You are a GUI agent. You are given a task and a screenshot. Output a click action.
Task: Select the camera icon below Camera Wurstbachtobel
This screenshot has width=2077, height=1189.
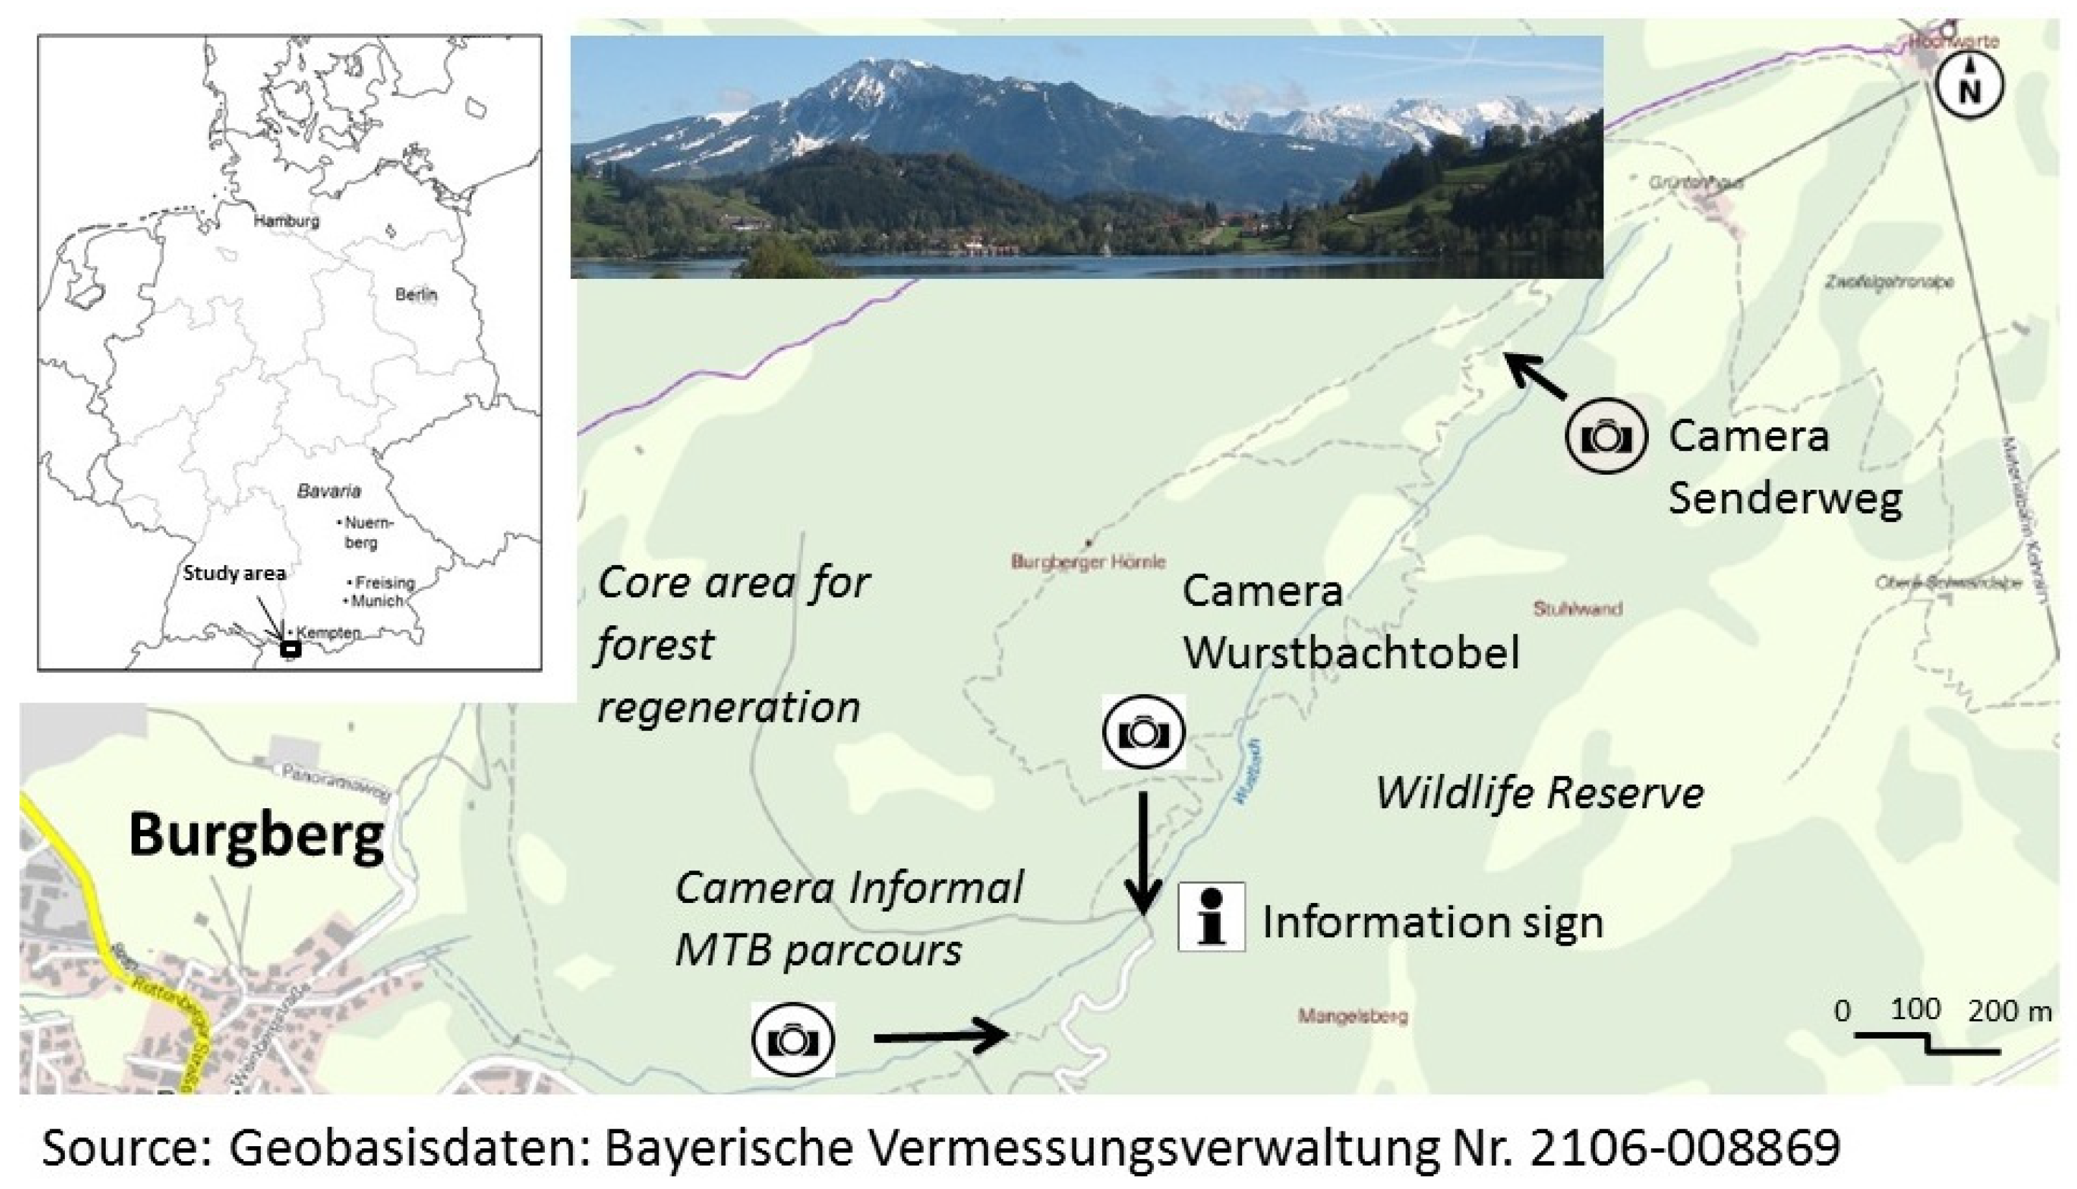1143,732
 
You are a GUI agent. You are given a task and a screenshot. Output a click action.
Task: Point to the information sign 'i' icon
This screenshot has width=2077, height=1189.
1212,917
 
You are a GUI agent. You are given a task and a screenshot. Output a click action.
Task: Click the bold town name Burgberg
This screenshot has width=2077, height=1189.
256,835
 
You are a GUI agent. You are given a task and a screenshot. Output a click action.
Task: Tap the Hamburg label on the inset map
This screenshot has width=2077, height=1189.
287,221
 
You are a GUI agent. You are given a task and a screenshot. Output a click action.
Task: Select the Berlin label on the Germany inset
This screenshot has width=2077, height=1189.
416,294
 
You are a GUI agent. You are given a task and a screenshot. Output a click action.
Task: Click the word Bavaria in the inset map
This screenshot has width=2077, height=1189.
328,492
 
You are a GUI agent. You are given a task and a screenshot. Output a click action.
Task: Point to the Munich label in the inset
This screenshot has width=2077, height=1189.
378,602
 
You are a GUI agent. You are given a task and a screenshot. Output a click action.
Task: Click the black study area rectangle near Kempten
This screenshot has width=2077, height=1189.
290,650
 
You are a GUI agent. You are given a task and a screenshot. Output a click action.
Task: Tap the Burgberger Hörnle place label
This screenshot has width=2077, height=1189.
1088,561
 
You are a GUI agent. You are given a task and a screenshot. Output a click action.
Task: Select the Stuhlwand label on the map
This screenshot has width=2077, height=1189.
1578,608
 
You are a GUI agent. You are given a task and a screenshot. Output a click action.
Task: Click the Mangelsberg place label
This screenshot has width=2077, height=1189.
1353,1016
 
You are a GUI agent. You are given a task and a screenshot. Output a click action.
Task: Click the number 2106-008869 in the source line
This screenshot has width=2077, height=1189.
1685,1147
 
